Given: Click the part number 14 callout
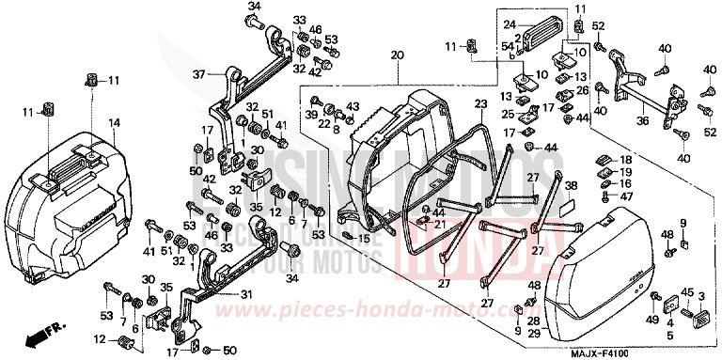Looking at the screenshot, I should click(114, 123).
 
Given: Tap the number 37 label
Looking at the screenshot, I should click(198, 74).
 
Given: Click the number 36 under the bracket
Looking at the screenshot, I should click(641, 119).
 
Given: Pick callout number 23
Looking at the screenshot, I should click(480, 104).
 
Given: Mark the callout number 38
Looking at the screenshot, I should click(570, 187).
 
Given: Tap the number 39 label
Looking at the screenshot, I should click(309, 114).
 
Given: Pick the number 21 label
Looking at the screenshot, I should click(439, 222).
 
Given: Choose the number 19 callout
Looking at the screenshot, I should click(625, 172).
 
